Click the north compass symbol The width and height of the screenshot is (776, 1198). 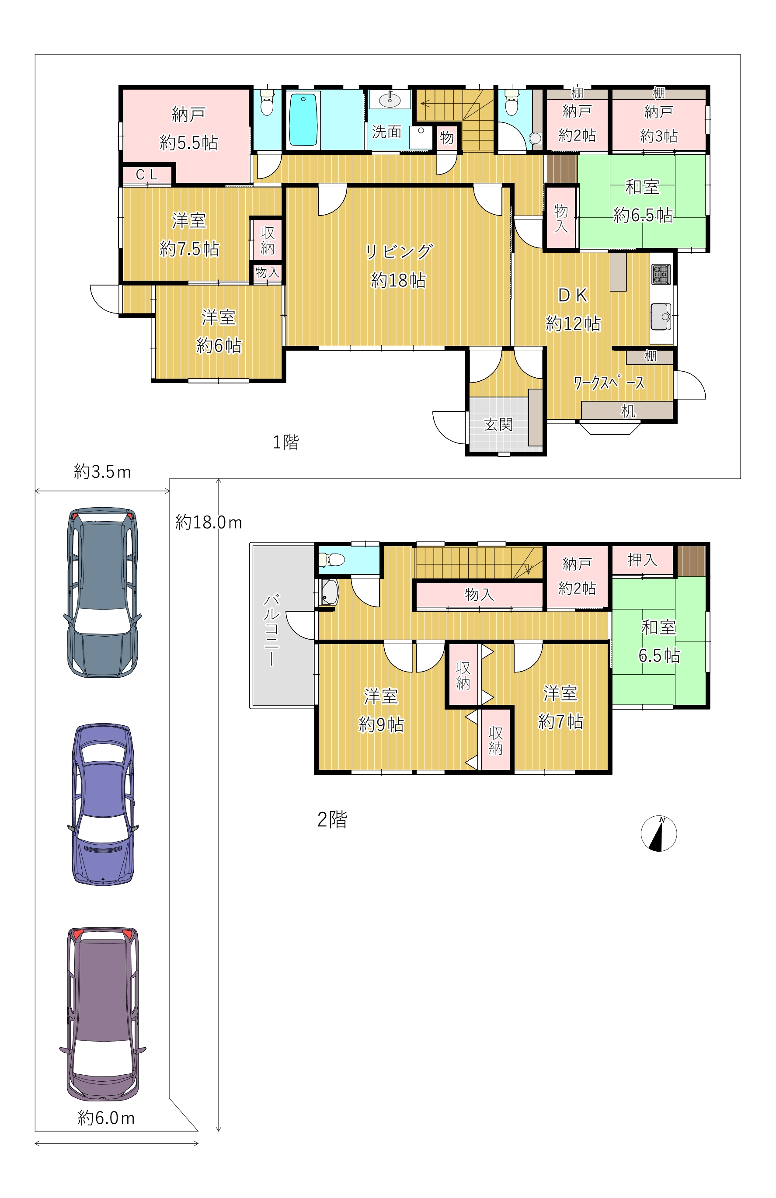point(658,833)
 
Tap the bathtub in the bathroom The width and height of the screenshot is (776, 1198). point(303,119)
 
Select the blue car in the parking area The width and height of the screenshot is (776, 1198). point(103,804)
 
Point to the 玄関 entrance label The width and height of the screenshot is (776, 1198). point(498,425)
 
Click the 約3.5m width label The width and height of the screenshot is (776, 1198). point(102,472)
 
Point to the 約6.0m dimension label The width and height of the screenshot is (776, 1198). point(106,1118)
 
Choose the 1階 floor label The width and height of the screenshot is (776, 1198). point(286,442)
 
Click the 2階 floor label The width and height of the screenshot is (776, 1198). point(332,819)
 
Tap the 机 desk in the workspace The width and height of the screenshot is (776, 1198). point(627,410)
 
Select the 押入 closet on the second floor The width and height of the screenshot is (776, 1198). point(642,560)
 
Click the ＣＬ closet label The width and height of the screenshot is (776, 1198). point(147,174)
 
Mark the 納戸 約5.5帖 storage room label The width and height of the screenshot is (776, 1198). point(188,129)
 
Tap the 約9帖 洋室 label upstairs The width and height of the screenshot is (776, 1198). point(381,710)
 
